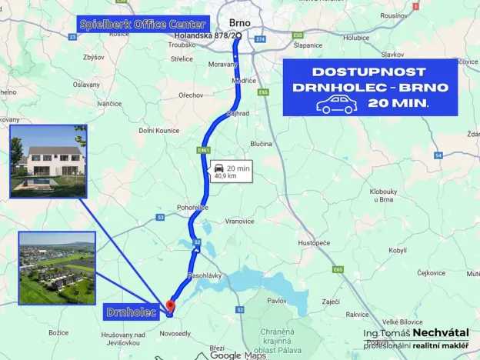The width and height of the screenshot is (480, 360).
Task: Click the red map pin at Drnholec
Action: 170,305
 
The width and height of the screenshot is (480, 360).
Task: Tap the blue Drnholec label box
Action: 131,312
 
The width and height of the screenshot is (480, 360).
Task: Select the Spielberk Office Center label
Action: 143,25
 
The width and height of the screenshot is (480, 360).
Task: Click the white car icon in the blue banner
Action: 336,105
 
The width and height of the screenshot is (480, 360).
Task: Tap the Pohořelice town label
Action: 193,208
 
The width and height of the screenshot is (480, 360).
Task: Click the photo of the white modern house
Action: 48,162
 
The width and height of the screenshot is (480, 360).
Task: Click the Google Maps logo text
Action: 238,355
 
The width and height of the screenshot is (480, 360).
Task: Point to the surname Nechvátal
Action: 440,332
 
